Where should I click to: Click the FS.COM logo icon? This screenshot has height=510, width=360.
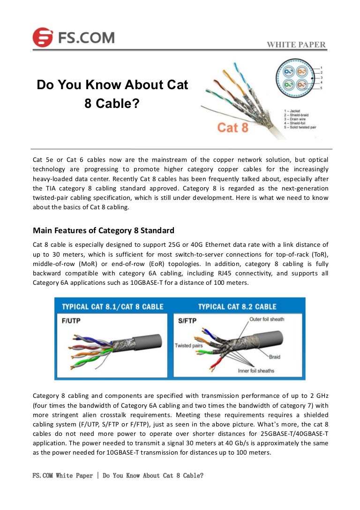[43, 37]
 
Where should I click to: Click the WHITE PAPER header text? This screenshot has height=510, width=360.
[296, 45]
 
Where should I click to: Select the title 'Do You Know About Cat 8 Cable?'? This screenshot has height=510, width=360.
[112, 94]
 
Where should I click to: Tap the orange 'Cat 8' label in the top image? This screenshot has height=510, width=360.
[232, 127]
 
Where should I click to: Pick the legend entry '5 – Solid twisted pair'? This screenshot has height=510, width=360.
[303, 128]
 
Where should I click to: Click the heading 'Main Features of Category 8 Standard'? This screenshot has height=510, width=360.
[104, 230]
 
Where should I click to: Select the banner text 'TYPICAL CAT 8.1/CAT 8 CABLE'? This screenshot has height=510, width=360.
[112, 306]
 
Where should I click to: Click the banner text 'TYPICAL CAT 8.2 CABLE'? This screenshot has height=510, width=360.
[237, 306]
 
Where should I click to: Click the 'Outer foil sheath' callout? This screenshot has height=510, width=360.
[266, 320]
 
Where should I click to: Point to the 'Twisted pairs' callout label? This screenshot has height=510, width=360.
[189, 346]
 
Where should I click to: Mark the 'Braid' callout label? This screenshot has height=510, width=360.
[275, 357]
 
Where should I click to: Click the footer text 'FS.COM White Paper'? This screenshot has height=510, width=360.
[63, 475]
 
